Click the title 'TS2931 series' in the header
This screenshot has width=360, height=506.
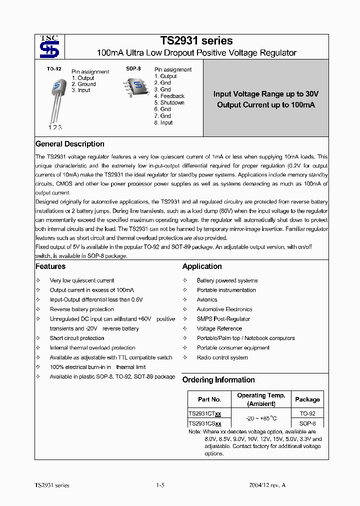coord(196,41)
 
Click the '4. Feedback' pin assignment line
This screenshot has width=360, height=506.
coord(169,96)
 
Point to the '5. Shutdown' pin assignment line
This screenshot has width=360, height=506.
coord(169,102)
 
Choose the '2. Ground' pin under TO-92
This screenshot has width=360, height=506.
coord(83,84)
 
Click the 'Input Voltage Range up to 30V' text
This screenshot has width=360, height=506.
coord(265,94)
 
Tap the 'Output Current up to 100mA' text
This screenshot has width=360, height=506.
coord(265,105)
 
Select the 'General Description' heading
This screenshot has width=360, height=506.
coord(69,144)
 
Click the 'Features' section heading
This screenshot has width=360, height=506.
coord(50,266)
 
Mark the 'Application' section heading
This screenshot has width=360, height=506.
coord(202,266)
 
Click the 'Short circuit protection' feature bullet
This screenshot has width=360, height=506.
coord(77,338)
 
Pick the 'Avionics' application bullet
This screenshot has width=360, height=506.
coord(207,299)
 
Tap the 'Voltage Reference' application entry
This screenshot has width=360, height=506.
coord(219,328)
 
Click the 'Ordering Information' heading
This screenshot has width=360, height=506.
coord(218,380)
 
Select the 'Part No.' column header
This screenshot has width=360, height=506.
coord(209,399)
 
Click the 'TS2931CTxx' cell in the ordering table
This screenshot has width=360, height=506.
coord(205,414)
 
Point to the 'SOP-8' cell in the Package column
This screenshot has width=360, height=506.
coord(307,423)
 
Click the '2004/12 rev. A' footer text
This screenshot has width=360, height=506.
coord(267,485)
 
